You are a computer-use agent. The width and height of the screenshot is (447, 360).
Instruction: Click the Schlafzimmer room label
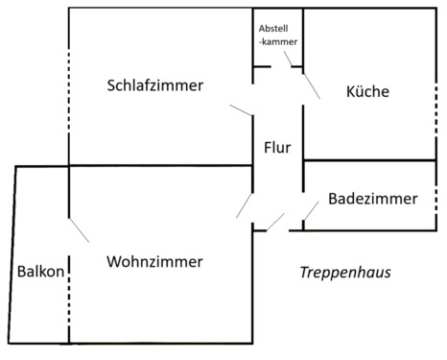click(x=154, y=86)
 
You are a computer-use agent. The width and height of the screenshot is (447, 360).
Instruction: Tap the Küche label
click(x=366, y=92)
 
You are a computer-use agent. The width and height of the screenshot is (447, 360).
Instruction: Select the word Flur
click(x=277, y=148)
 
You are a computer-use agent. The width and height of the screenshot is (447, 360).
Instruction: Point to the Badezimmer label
click(x=372, y=200)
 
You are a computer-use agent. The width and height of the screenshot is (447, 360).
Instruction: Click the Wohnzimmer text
click(x=154, y=261)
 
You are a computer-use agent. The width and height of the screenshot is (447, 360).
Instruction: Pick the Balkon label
click(x=40, y=272)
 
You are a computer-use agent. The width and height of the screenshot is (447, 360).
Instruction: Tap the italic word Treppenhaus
click(x=345, y=273)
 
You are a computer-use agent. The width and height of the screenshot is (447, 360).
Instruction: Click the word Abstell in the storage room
click(x=277, y=28)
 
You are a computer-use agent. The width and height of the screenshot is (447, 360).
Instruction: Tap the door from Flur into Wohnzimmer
click(x=245, y=205)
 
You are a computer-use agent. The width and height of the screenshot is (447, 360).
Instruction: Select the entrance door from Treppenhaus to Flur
click(x=276, y=222)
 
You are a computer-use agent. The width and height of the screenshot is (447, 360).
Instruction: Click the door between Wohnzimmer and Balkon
click(x=79, y=229)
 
